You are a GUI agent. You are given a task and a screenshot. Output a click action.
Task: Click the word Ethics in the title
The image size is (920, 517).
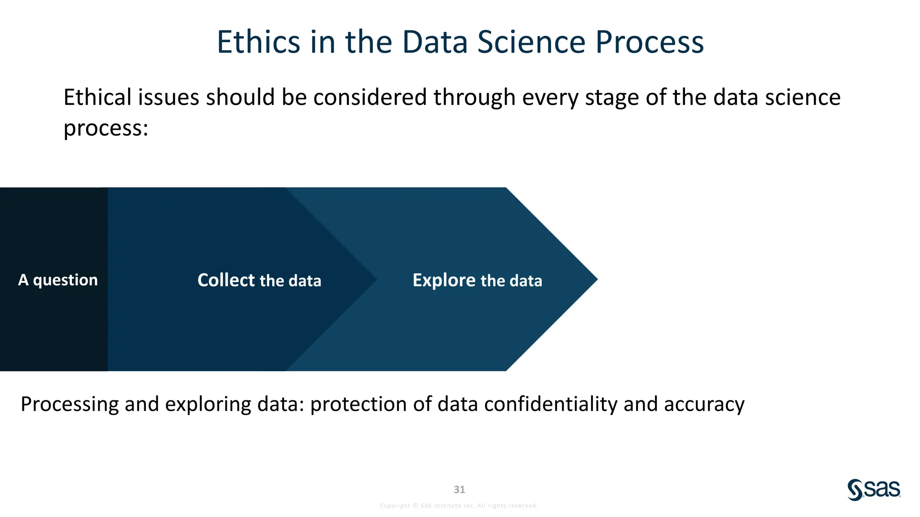tap(258, 42)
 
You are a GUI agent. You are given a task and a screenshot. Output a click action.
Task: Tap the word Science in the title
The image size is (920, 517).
tap(531, 42)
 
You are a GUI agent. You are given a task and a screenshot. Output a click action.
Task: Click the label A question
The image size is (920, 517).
tap(57, 280)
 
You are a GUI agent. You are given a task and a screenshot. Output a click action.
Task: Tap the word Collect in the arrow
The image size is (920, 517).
tap(226, 280)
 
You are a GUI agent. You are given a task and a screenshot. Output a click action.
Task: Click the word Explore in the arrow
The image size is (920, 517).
tap(444, 280)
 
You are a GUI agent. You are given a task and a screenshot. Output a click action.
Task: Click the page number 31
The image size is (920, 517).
tap(459, 489)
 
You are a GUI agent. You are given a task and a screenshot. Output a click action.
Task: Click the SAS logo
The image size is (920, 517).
tap(874, 490)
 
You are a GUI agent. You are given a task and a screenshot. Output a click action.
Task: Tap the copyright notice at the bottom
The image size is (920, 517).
tap(459, 505)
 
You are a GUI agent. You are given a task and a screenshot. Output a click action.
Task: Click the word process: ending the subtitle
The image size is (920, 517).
tap(106, 129)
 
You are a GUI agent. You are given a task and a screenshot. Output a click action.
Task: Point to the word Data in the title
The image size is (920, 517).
tap(435, 42)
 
